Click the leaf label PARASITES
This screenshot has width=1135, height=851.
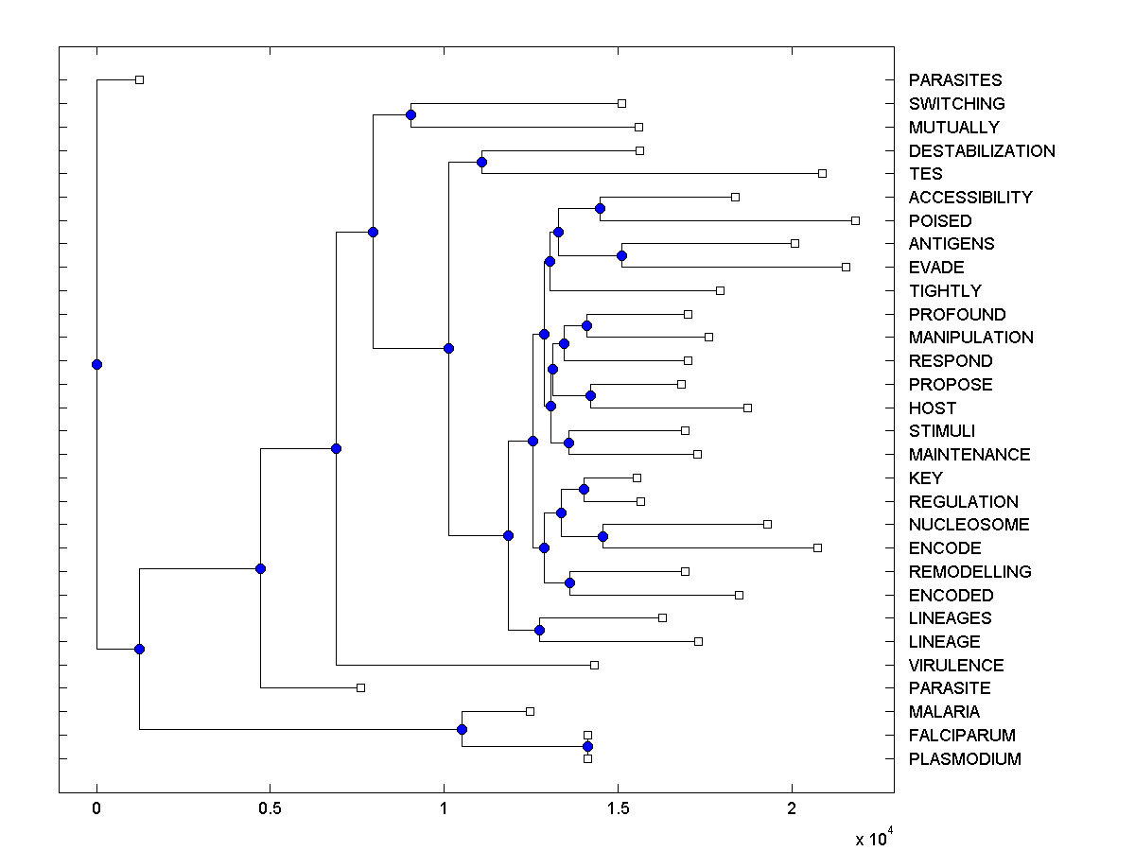pyautogui.click(x=955, y=80)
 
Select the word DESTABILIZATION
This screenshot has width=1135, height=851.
pyautogui.click(x=982, y=150)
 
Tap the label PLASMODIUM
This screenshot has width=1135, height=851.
pyautogui.click(x=965, y=759)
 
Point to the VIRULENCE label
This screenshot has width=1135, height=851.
pyautogui.click(x=956, y=666)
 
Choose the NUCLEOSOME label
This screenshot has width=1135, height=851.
pyautogui.click(x=969, y=525)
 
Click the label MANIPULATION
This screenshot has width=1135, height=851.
pyautogui.click(x=970, y=338)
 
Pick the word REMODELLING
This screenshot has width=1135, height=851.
pyautogui.click(x=969, y=572)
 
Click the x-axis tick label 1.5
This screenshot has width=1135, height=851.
pyautogui.click(x=617, y=809)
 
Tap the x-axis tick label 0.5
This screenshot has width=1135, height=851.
pyautogui.click(x=270, y=809)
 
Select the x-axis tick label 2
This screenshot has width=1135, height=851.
pyautogui.click(x=792, y=809)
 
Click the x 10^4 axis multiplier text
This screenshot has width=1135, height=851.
pyautogui.click(x=874, y=838)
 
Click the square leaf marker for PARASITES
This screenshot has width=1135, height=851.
pyautogui.click(x=139, y=79)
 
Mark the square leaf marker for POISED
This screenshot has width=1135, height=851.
pyautogui.click(x=855, y=220)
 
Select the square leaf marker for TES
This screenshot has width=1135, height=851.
pyautogui.click(x=822, y=173)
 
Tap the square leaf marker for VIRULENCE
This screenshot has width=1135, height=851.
pyautogui.click(x=594, y=665)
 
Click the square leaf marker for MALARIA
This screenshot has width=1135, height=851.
pyautogui.click(x=530, y=711)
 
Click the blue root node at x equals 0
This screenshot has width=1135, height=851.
pyautogui.click(x=96, y=364)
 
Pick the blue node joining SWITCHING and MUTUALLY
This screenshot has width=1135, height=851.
pyautogui.click(x=410, y=114)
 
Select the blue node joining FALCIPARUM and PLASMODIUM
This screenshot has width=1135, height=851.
pyautogui.click(x=587, y=747)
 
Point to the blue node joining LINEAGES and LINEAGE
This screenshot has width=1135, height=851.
pyautogui.click(x=539, y=630)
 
